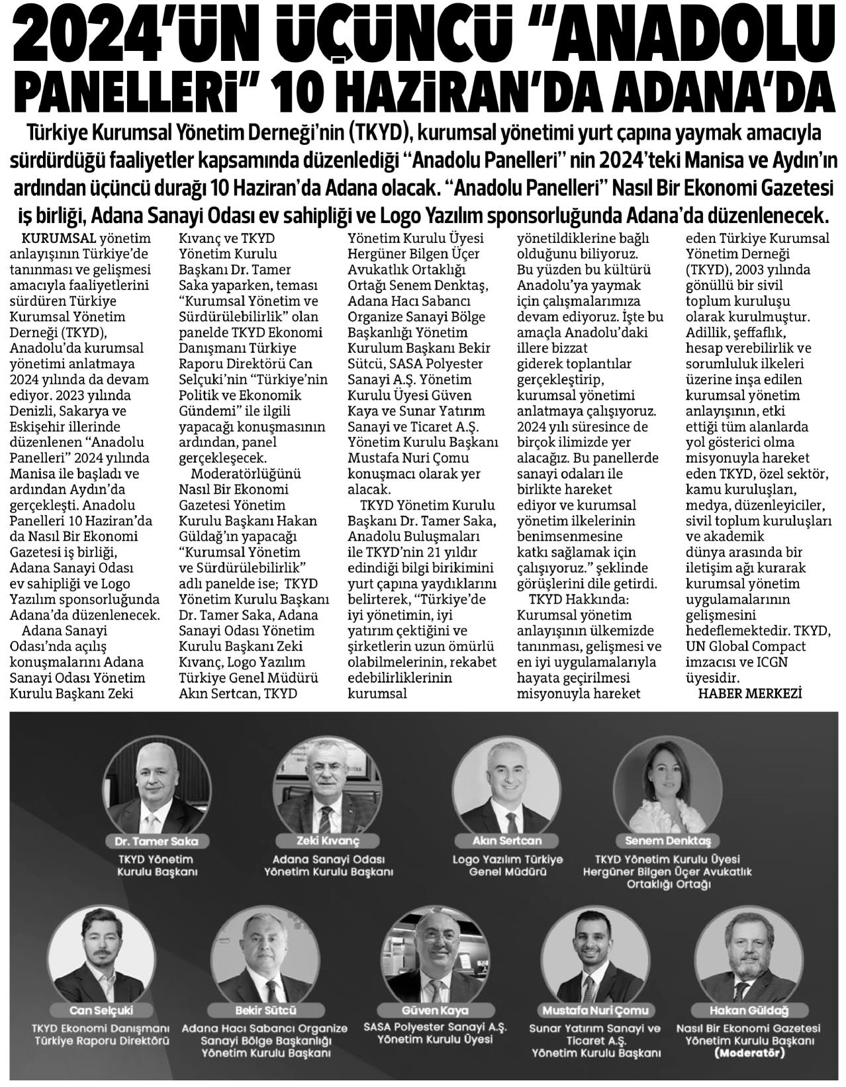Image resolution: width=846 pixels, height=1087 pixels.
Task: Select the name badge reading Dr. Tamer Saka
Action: pos(151,842)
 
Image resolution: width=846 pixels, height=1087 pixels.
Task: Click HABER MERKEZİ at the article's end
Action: pos(750,694)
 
